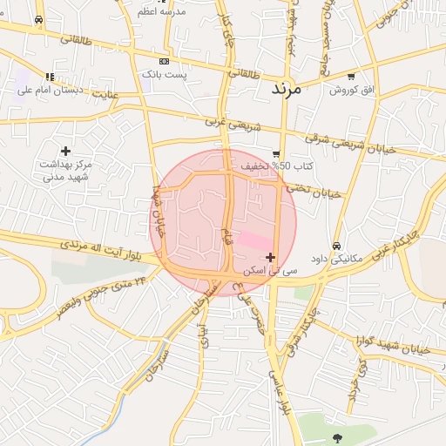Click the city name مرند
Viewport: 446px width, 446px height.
pyautogui.click(x=285, y=89)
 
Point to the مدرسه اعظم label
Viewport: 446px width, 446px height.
pyautogui.click(x=159, y=12)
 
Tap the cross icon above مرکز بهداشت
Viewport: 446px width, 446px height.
pyautogui.click(x=65, y=151)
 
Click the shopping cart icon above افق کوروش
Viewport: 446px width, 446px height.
pyautogui.click(x=350, y=76)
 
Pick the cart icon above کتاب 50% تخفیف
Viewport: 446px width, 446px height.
pyautogui.click(x=276, y=153)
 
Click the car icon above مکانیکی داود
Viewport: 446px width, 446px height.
pyautogui.click(x=336, y=246)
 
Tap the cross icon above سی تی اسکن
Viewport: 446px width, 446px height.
pyautogui.click(x=271, y=257)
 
